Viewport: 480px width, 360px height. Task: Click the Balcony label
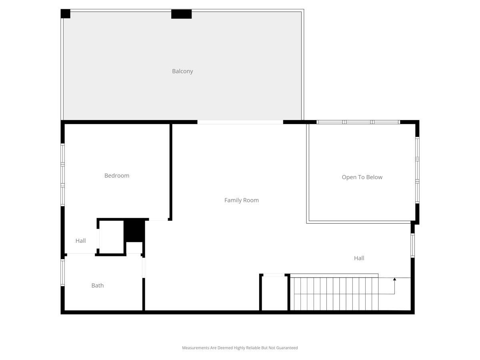(x=182, y=71)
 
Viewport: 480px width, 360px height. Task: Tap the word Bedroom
(x=117, y=176)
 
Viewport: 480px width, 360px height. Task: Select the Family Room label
(x=242, y=200)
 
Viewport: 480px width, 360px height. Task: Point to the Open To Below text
(x=362, y=177)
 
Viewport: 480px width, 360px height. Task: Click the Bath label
(x=98, y=286)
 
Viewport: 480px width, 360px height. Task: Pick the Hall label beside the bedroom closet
(x=80, y=241)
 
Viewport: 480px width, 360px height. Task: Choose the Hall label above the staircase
(x=359, y=258)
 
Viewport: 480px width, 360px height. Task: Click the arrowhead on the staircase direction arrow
(x=394, y=279)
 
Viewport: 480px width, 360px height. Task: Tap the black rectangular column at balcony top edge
(x=181, y=14)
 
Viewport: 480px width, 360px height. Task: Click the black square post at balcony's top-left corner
(x=65, y=14)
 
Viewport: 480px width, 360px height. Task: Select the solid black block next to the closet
(x=134, y=231)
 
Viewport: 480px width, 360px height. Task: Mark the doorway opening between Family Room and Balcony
(x=240, y=122)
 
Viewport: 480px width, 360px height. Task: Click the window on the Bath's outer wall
(x=63, y=272)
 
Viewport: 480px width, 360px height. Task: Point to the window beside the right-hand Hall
(x=412, y=246)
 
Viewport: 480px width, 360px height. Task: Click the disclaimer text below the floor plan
(x=240, y=348)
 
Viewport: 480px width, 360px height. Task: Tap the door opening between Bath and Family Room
(x=144, y=268)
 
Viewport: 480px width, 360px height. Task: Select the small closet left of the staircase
(x=274, y=293)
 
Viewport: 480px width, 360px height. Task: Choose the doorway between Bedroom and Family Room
(x=158, y=219)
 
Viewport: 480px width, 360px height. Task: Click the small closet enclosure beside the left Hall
(x=112, y=237)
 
